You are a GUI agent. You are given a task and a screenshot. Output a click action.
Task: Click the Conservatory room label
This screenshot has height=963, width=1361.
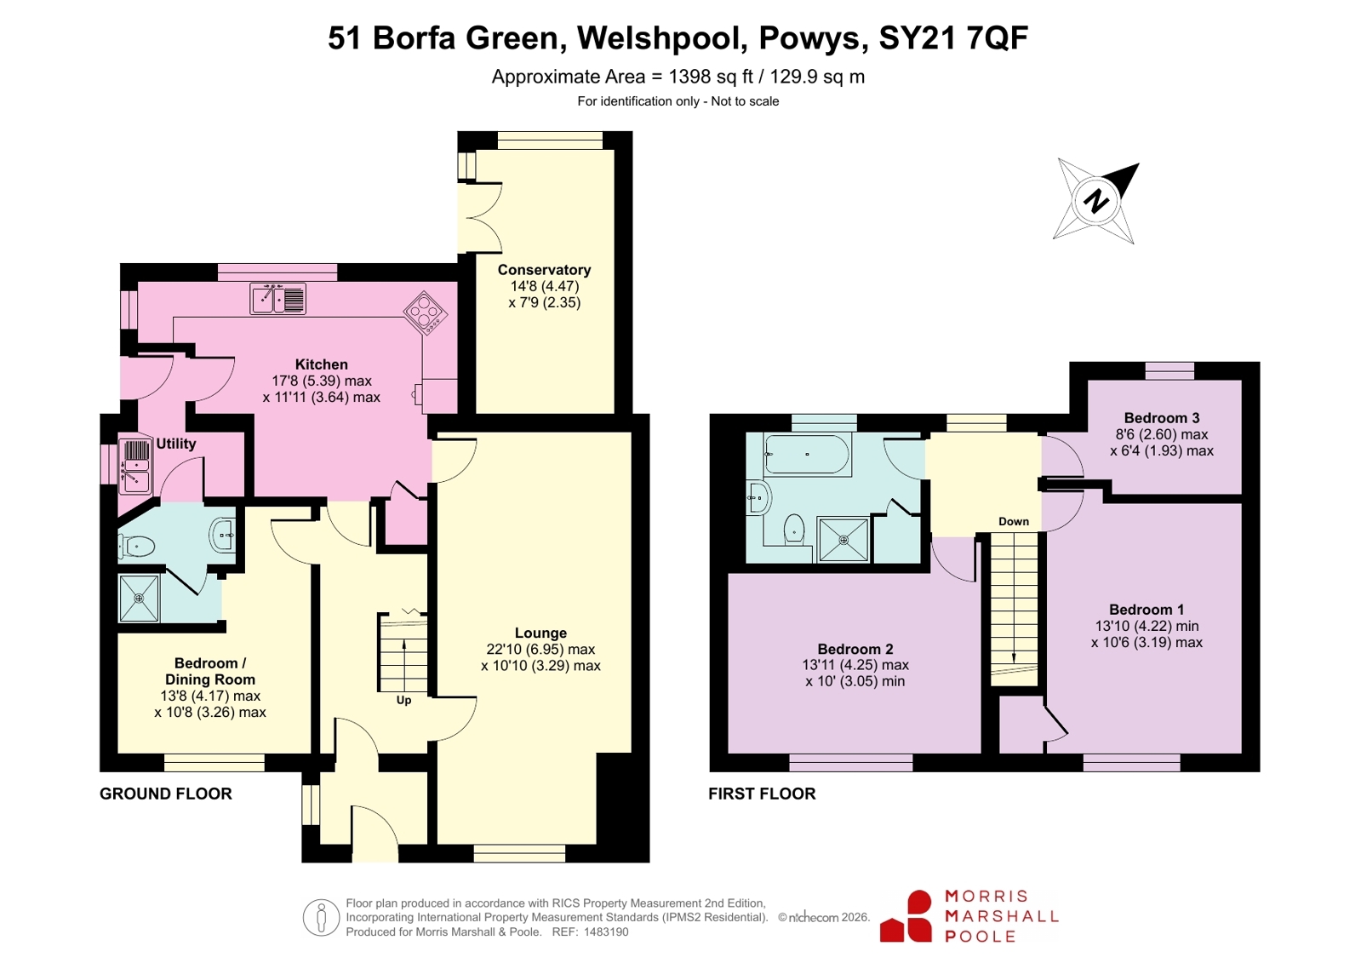tap(544, 269)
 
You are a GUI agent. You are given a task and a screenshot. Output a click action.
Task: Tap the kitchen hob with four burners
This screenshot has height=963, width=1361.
tap(426, 313)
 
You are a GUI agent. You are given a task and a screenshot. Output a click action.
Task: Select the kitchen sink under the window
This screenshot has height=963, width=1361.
tap(277, 299)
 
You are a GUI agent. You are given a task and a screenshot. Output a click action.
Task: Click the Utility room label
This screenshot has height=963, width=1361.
tap(175, 444)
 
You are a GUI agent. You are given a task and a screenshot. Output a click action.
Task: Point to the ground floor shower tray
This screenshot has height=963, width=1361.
tap(139, 599)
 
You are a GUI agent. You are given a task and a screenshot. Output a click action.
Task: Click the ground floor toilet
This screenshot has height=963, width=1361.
tap(136, 546)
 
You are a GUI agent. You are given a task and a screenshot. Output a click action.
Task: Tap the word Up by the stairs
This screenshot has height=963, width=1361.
tap(403, 700)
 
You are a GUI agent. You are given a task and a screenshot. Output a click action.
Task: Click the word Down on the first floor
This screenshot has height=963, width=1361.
tap(1014, 521)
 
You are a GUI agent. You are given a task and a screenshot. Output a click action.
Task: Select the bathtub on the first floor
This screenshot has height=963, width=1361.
tap(808, 454)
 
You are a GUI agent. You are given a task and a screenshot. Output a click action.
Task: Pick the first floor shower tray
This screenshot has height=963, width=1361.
tap(843, 539)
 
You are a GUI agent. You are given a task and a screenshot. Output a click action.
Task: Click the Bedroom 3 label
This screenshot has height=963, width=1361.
tap(1161, 418)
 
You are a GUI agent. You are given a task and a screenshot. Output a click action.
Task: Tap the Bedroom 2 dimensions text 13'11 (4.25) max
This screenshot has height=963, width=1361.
tap(855, 664)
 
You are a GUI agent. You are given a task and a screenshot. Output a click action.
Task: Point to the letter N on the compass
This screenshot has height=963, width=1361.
tap(1095, 201)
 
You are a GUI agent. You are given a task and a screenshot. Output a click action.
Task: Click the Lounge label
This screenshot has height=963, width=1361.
tap(540, 633)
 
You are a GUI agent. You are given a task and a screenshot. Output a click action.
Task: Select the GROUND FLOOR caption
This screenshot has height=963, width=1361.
tap(166, 794)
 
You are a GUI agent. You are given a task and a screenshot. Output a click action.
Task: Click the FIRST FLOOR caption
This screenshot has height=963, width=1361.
tap(762, 794)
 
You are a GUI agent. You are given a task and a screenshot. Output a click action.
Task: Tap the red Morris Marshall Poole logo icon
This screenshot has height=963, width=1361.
tap(906, 916)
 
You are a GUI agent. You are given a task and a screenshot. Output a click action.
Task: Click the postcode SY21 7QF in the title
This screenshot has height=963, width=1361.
tap(953, 37)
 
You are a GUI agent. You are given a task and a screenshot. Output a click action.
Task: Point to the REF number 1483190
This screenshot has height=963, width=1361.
tap(606, 932)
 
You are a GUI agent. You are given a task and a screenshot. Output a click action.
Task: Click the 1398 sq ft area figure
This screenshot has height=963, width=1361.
tap(710, 77)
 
